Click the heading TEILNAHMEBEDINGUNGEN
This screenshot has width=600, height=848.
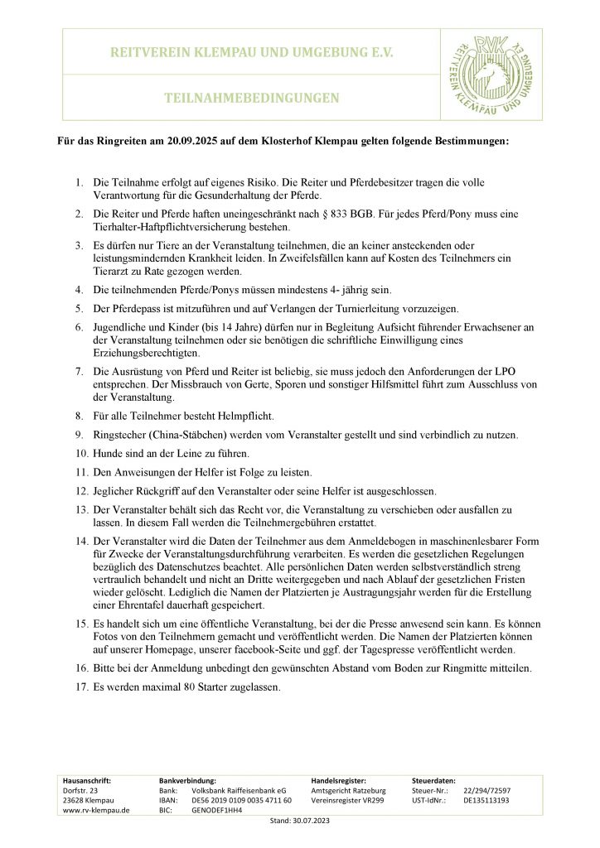coord(252,98)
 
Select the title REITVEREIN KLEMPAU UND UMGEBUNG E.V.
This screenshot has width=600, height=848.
coord(252,52)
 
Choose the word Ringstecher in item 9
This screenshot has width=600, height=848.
coord(122,434)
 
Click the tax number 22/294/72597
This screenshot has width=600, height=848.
coord(487,791)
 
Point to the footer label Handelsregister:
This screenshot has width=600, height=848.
coord(339,780)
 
